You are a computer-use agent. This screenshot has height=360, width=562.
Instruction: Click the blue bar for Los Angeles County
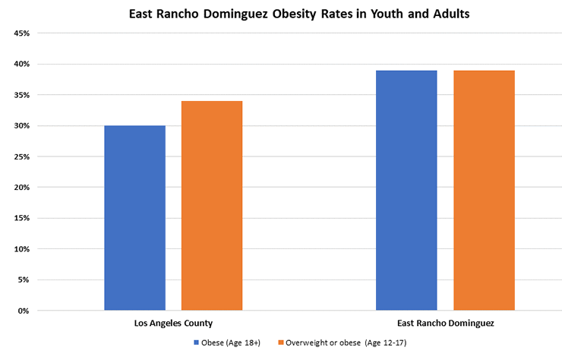(x=134, y=218)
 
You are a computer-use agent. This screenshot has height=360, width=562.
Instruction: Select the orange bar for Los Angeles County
(x=211, y=206)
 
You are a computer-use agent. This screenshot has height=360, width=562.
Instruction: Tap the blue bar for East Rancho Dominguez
(x=406, y=191)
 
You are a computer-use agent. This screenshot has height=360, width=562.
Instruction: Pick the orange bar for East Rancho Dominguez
(x=484, y=191)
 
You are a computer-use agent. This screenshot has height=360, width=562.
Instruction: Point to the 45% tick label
(x=21, y=33)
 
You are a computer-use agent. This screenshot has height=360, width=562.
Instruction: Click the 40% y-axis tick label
(x=21, y=64)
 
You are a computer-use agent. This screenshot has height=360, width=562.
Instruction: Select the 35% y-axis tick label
(x=21, y=95)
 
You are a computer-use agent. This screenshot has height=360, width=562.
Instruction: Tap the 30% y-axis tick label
(x=21, y=125)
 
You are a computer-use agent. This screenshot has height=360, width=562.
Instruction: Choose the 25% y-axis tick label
(x=21, y=156)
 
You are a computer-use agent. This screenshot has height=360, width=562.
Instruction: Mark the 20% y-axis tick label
(x=21, y=187)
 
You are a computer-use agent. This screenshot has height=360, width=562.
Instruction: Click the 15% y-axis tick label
(x=21, y=218)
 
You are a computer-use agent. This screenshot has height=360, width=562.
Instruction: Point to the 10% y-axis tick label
(x=21, y=249)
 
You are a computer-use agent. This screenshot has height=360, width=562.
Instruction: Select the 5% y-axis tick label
(x=23, y=279)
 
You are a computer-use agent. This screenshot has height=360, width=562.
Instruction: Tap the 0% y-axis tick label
(x=23, y=311)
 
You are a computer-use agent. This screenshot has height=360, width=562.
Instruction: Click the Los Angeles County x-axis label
(x=173, y=323)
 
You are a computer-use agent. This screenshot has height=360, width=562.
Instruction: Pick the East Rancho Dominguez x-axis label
(x=445, y=323)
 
